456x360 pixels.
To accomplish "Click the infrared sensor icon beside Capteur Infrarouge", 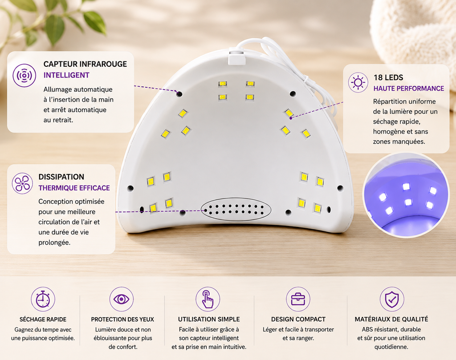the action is coord(24,76).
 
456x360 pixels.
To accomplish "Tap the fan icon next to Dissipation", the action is coord(22,183).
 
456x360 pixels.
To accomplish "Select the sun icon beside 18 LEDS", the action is coord(358,83).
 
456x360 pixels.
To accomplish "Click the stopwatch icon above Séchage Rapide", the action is coord(43,299).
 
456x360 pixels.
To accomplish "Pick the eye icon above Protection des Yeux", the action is coord(122,299).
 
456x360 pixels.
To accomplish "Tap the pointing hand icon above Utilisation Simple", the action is coord(208,299).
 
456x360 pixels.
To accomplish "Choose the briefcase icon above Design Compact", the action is coord(298,299).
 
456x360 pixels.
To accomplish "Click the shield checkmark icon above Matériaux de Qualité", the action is coord(392,299).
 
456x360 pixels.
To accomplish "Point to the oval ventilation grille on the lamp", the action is coord(236,209).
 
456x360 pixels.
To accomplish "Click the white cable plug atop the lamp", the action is coord(237,57).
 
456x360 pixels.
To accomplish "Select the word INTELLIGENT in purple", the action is coord(66,75).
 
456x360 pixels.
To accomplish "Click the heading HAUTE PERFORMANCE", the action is coord(409,88).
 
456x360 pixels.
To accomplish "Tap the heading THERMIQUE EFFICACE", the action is coord(74,188).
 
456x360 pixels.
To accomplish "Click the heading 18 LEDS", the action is coord(388,77).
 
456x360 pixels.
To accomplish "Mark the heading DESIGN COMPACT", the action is coord(298,320).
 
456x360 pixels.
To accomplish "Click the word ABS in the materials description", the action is coord(367,329).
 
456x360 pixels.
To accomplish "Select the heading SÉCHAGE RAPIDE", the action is coord(43,320).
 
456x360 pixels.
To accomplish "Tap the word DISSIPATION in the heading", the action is coord(61,177).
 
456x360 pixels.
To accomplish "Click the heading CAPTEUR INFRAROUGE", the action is coord(85,64).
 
